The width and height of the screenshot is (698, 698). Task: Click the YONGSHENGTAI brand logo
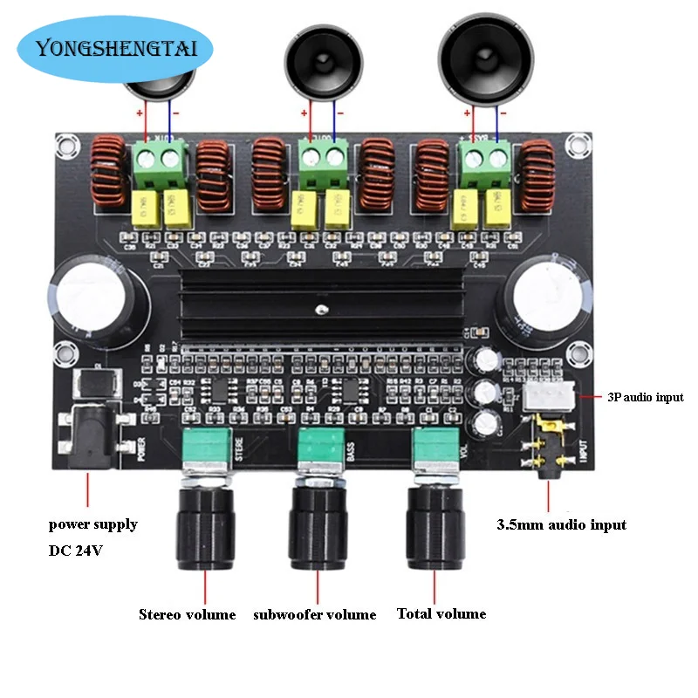coord(114,48)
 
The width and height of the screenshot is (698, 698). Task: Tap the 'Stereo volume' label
coord(187,614)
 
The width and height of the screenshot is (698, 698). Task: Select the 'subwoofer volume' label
coord(314,614)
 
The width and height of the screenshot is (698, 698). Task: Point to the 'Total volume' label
coord(441,613)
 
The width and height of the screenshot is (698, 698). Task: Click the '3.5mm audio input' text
coord(561,524)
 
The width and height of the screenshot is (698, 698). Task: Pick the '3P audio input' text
coord(646,397)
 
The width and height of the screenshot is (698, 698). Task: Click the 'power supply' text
coord(92,524)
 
